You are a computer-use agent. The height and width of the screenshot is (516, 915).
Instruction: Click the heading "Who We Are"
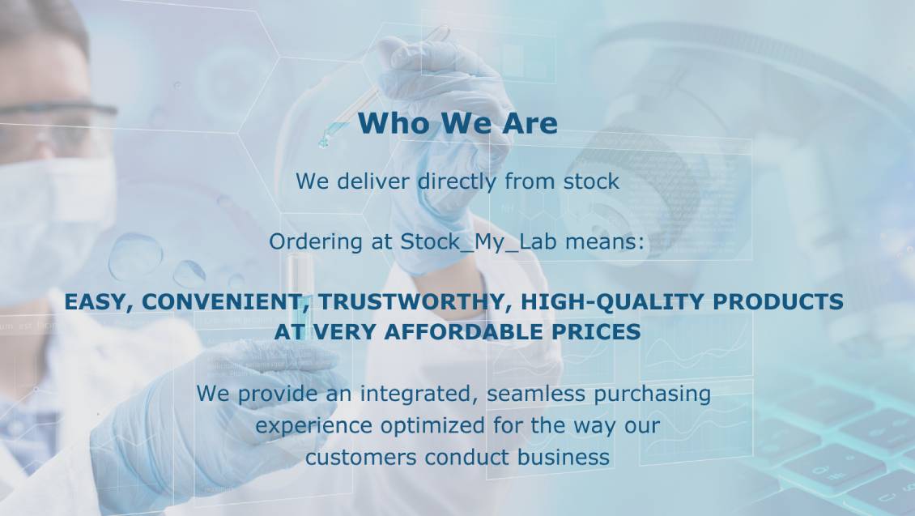coord(457,123)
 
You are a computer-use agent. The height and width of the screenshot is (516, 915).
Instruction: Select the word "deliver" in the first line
coord(371,181)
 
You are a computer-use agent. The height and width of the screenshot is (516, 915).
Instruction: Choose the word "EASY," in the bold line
coord(100,302)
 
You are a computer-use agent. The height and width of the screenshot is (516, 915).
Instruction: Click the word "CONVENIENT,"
coord(227,302)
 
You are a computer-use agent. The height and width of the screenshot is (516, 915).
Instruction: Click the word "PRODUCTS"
coord(778,302)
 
